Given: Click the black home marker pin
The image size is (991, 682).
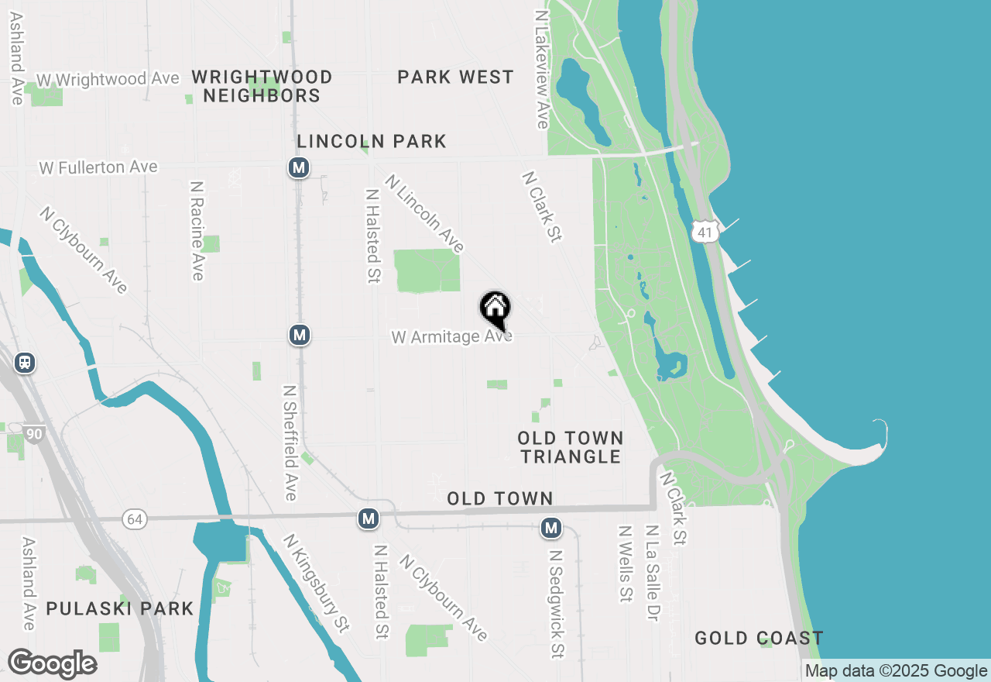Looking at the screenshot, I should (495, 310).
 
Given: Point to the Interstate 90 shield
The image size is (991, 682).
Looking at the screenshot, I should (33, 434).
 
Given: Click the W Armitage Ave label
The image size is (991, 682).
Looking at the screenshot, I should (451, 337).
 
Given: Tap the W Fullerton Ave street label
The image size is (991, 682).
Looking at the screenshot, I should (98, 167).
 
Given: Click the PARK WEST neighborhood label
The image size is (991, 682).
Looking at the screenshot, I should (455, 77).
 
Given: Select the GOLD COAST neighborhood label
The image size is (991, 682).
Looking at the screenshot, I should (758, 639).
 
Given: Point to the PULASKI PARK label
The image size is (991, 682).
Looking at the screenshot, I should (120, 608).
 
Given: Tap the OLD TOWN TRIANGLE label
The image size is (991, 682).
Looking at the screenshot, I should (571, 448).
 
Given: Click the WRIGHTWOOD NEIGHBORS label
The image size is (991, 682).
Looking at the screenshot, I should (262, 86).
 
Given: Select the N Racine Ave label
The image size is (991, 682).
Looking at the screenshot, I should (197, 231).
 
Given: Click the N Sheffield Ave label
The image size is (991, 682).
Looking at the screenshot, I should (290, 443).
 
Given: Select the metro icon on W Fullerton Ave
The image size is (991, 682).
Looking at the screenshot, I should (300, 167).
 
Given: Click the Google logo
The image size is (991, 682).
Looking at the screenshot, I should (52, 664).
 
